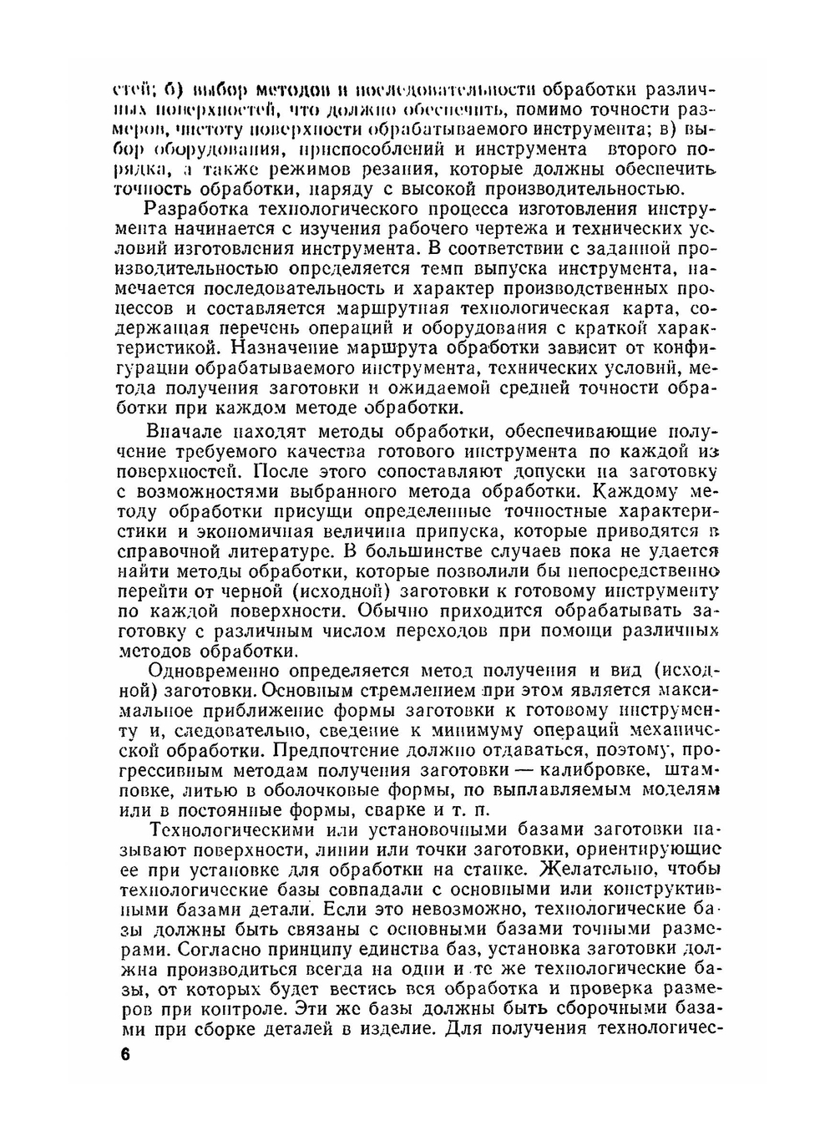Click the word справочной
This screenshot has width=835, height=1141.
pyautogui.click(x=170, y=552)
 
